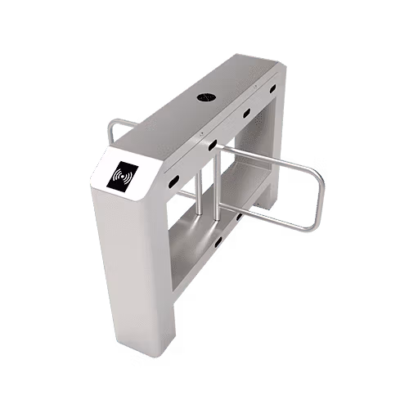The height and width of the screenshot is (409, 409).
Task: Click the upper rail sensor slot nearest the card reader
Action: [x=173, y=178]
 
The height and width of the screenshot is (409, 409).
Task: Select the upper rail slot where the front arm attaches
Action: [x=212, y=145]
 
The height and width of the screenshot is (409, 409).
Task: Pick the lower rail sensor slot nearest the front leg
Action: [x=217, y=240]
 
